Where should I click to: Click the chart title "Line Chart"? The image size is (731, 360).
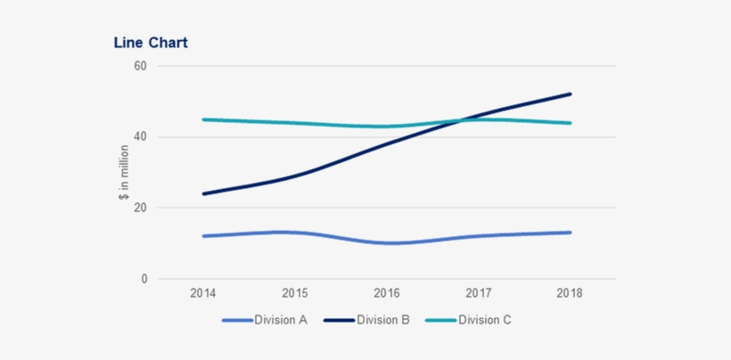[x=150, y=43]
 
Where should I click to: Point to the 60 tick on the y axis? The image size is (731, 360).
[x=140, y=66]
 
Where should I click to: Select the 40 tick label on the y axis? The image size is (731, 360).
[x=140, y=137]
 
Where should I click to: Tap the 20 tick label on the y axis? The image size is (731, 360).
[x=140, y=208]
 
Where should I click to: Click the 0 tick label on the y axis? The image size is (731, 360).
[x=144, y=279]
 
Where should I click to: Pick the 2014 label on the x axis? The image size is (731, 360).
[x=204, y=292]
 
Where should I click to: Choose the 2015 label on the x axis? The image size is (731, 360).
[x=295, y=292]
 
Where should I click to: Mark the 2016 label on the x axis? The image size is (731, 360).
[x=387, y=292]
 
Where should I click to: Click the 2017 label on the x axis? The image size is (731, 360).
[x=479, y=292]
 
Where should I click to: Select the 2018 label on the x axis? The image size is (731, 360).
[x=570, y=292]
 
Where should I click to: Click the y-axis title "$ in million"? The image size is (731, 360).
[x=124, y=172]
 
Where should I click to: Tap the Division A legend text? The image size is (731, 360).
[x=281, y=320]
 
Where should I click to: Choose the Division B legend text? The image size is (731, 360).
[x=383, y=320]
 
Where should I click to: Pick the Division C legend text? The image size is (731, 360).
[x=485, y=320]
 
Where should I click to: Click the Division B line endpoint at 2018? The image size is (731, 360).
[x=570, y=94]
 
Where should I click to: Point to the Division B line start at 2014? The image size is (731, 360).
[x=204, y=193]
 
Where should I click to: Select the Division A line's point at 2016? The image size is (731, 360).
[x=387, y=243]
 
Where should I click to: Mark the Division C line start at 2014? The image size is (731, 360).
[x=204, y=119]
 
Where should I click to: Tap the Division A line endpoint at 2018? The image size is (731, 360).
[x=570, y=233]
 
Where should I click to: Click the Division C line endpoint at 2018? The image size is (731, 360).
[x=570, y=123]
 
